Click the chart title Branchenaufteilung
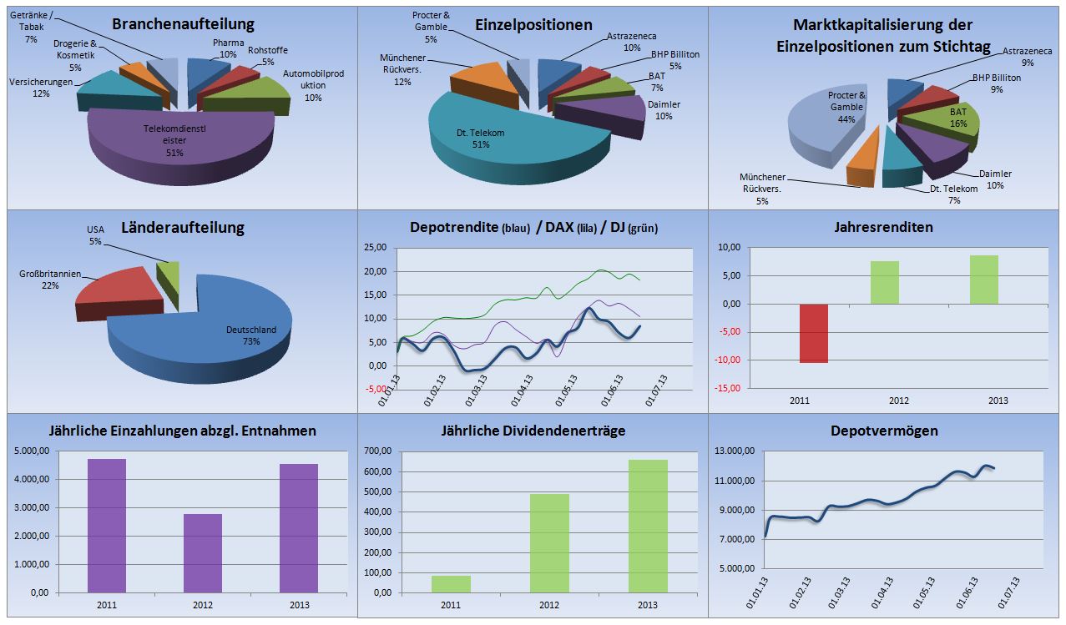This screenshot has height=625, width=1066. (x=183, y=24)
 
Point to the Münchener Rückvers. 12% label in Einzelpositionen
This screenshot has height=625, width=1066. (x=403, y=69)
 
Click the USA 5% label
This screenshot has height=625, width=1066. (x=95, y=235)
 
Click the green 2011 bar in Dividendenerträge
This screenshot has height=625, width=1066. (x=451, y=584)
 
